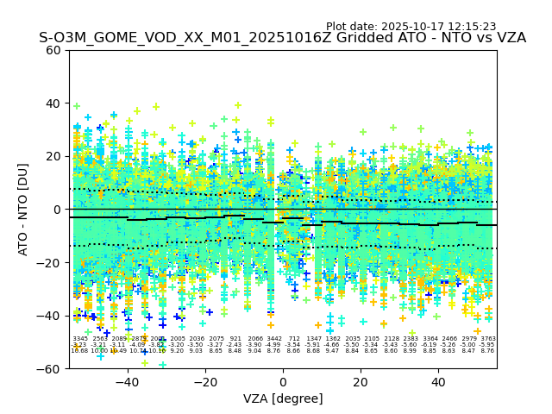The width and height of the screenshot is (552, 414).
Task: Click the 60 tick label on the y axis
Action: (53, 50)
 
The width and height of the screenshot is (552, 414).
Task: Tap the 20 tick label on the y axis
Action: (53, 156)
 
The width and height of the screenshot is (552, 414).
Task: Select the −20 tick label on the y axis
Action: (50, 262)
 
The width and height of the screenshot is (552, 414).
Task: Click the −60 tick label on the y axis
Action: (50, 368)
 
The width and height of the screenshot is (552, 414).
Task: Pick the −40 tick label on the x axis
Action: (128, 381)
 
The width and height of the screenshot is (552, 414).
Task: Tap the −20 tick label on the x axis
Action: (205, 381)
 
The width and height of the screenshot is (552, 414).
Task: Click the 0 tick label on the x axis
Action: (283, 381)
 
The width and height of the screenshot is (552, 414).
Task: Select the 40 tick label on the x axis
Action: (438, 381)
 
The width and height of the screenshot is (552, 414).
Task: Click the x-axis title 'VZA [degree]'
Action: (283, 398)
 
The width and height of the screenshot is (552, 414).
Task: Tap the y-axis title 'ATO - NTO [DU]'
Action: (23, 209)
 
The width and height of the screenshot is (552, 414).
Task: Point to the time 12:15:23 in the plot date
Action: (473, 27)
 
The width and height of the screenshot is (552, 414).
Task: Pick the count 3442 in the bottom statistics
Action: (274, 339)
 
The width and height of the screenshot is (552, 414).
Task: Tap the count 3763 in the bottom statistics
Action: (487, 339)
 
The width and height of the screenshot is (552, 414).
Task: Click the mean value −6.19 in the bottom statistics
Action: (430, 345)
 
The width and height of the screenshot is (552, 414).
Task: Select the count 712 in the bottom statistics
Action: (294, 339)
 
